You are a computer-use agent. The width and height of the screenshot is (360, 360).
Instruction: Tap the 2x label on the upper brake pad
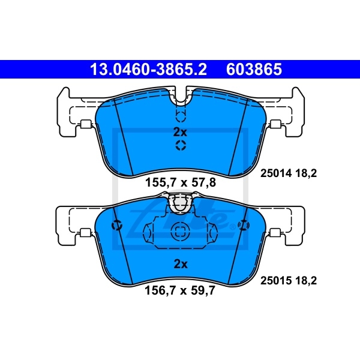click(181, 131)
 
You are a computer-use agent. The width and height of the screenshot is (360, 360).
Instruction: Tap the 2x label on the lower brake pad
click(181, 263)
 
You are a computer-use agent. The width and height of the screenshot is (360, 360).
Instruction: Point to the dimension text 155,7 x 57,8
click(181, 183)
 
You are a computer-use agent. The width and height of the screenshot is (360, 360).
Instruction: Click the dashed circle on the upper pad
click(181, 146)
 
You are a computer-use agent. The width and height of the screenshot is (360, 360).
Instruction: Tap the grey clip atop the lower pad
click(181, 205)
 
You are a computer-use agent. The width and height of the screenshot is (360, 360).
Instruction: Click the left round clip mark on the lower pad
click(118, 226)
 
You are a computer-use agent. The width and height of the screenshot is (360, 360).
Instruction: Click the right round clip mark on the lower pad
click(243, 226)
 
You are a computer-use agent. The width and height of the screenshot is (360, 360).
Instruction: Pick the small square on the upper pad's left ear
click(85, 125)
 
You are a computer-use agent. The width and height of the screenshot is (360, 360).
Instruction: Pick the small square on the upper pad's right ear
click(276, 125)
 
